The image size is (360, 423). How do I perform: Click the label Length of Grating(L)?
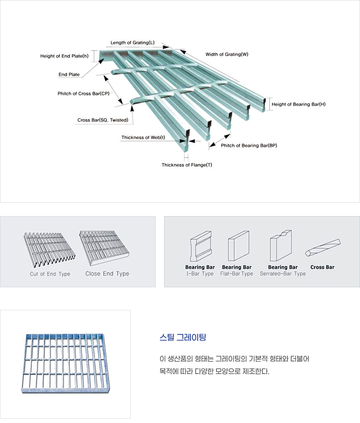coord(132,43)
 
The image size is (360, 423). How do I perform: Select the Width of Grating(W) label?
coord(227,54)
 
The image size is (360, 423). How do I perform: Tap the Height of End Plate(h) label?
coord(64,56)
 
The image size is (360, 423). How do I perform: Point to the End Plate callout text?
coord(69,75)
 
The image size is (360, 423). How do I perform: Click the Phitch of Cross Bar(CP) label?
coord(83,93)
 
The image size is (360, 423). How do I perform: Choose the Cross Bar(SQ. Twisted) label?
coord(103,120)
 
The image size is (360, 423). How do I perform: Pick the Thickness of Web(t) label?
coord(143,137)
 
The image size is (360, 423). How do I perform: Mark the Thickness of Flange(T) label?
coord(187,165)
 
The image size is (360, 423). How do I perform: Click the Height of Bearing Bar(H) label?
coord(298,104)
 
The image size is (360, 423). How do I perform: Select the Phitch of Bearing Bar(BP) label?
coord(249,145)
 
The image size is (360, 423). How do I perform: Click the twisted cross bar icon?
coord(323,248)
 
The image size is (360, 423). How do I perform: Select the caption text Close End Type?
coord(107,274)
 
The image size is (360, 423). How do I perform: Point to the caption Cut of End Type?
coord(50,274)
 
